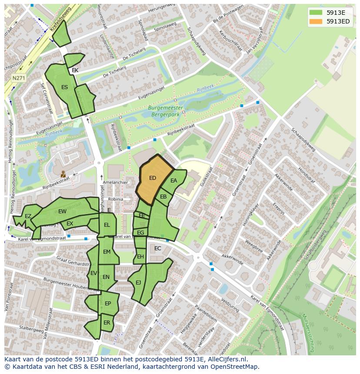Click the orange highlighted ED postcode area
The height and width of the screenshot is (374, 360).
coord(153,178)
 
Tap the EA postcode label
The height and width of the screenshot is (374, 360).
coord(174,181)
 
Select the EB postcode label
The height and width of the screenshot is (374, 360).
coord(163,197)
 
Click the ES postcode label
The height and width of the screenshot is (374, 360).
coord(64,87)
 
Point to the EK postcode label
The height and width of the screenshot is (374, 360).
coord(75,70)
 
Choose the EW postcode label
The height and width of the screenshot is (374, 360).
coord(62,212)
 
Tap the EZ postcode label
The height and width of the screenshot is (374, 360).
coord(28,216)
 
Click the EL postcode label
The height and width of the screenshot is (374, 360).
coord(107,225)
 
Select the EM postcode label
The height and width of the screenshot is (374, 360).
coord(107,252)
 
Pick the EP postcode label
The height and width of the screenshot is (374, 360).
coord(108,304)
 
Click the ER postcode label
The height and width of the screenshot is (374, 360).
coord(107,322)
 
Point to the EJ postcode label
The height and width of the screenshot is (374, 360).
coord(138,283)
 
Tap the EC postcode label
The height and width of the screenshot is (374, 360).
coord(158,248)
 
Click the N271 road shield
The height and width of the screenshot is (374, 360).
coord(18,78)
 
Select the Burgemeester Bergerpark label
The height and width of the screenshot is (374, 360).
coord(165,111)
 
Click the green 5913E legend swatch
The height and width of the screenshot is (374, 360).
coord(316,12)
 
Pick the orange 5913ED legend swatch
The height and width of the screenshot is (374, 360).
coord(316,21)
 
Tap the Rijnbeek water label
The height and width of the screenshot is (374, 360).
coord(203,89)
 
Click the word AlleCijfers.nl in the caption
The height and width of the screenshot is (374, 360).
coord(227,359)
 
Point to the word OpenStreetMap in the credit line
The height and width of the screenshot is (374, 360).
coord(234,367)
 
